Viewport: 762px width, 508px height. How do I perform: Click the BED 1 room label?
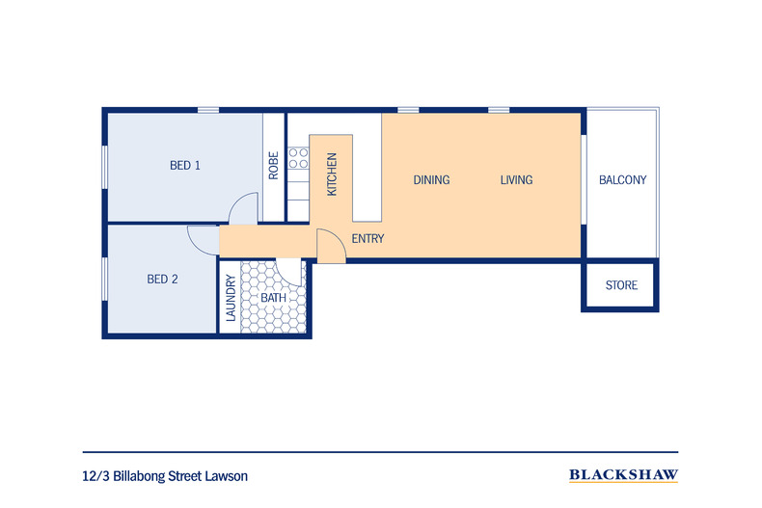click(184, 166)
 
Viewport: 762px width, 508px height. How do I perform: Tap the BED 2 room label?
click(162, 280)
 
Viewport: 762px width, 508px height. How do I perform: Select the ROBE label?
click(274, 166)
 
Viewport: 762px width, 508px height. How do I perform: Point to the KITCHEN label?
click(332, 174)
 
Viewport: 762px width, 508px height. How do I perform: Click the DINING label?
click(431, 180)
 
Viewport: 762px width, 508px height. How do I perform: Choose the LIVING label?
click(516, 180)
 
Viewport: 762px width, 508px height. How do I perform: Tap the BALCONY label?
click(622, 180)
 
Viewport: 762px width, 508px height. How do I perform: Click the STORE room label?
click(621, 285)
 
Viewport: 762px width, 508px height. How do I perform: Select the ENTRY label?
click(367, 238)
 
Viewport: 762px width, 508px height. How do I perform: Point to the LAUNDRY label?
click(231, 298)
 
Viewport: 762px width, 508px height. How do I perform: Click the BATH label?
click(273, 298)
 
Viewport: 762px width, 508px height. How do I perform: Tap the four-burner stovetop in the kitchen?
click(298, 158)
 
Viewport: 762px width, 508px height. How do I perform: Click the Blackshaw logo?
click(623, 475)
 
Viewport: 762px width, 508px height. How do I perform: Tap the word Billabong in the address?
click(139, 476)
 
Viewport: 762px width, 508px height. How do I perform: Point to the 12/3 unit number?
click(96, 476)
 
